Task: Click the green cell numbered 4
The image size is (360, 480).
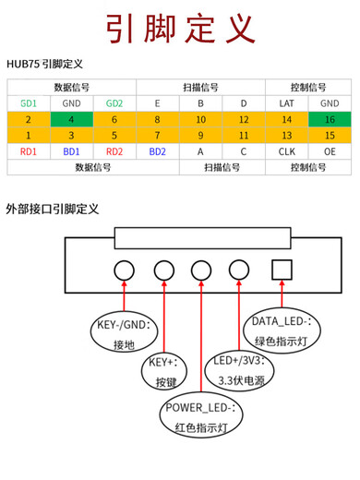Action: point(72,119)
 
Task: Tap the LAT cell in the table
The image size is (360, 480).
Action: point(286,103)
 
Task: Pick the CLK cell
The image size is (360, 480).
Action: point(286,150)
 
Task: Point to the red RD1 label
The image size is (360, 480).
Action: point(29,150)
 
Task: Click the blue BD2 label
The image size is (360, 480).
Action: point(158,150)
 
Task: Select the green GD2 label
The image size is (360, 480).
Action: point(114,103)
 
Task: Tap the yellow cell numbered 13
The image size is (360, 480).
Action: point(286,135)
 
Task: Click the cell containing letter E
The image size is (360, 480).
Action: point(158,103)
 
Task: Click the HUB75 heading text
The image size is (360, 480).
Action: point(44,64)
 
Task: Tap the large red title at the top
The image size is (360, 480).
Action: point(180,28)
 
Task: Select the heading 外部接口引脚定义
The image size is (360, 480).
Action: point(53,209)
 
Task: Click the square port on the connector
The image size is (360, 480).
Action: point(282,270)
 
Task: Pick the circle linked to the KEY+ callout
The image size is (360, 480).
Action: point(164,270)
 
